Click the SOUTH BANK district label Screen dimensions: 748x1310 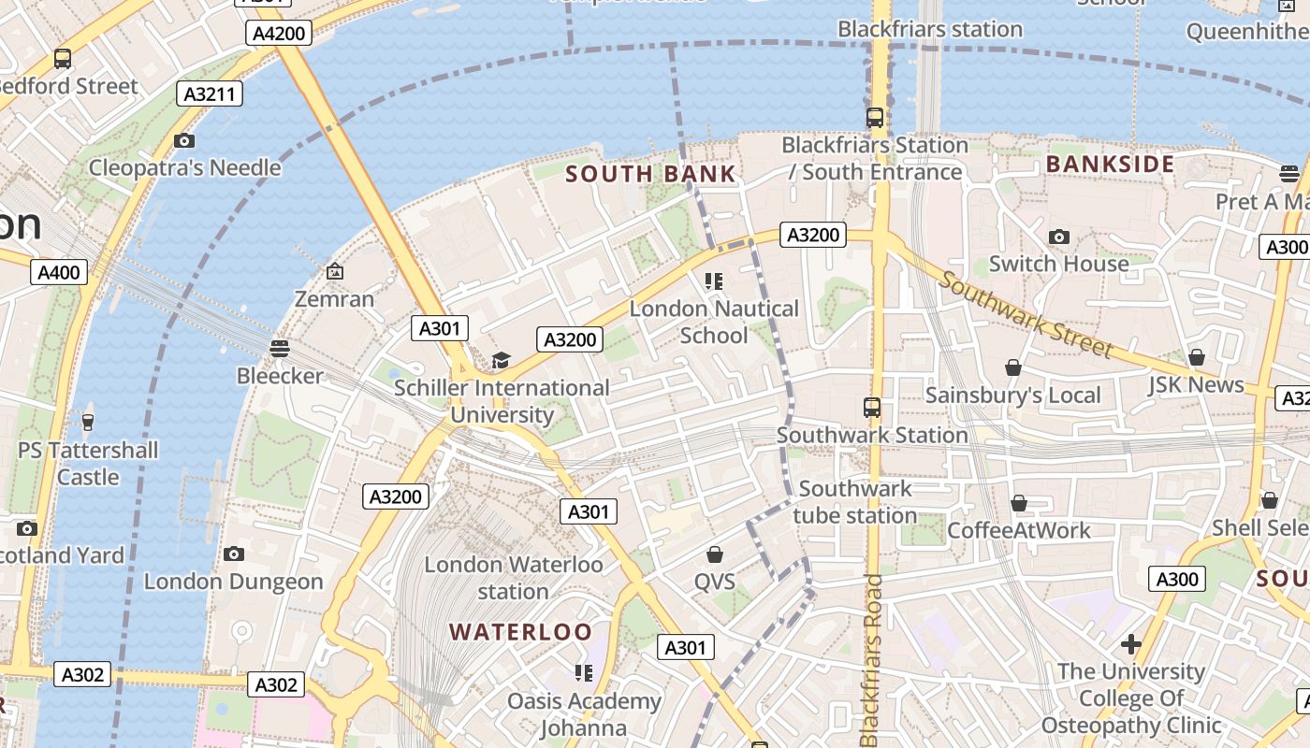[651, 174]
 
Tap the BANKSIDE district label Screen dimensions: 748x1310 [1110, 165]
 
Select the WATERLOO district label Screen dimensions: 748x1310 [520, 632]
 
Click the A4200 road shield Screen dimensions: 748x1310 [279, 34]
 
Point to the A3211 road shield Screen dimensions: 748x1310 [211, 93]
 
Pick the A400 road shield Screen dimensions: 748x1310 [59, 272]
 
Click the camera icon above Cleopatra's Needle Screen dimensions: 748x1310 [184, 141]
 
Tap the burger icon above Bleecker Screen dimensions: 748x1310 [279, 349]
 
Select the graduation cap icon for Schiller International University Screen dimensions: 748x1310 [502, 361]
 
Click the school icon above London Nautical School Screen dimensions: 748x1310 [714, 280]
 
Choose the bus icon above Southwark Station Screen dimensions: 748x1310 [872, 408]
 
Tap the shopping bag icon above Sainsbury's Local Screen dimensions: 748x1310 [1012, 368]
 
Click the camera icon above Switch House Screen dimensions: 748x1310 [1058, 237]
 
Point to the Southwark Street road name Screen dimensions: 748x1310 [1027, 315]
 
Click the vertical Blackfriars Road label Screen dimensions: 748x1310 [872, 660]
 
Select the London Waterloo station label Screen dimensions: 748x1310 [514, 578]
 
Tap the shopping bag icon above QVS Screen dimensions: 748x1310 [715, 555]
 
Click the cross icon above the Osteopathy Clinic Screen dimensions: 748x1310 [1130, 644]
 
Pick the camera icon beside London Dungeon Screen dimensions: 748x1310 [234, 554]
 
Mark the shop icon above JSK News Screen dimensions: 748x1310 [1196, 357]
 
